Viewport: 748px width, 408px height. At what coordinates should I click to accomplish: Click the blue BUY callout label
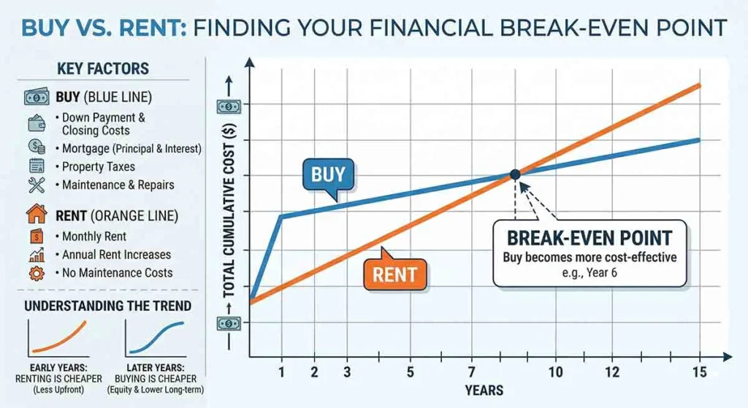pos(328,175)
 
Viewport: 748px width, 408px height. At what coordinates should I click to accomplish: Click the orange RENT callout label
pos(394,274)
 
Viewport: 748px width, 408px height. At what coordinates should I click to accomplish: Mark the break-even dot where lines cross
pos(515,174)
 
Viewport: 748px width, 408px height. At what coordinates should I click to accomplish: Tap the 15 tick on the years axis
pos(700,372)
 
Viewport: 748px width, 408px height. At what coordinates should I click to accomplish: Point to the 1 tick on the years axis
pos(281,372)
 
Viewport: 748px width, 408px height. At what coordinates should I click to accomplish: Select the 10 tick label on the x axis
pos(555,372)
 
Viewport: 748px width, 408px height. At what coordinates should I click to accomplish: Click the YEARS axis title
pos(484,390)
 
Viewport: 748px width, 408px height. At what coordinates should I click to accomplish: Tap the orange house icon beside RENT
pos(37,214)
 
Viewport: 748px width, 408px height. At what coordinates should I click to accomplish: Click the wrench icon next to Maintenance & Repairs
pos(37,185)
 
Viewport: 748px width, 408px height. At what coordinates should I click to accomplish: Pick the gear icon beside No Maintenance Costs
pos(37,273)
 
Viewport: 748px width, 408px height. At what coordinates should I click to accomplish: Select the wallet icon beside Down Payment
pos(37,123)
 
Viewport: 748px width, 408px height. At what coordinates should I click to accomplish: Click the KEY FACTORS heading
pos(103,69)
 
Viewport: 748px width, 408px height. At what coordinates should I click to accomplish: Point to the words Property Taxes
pos(99,167)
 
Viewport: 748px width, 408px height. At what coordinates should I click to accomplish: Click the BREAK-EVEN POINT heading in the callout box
pos(589,238)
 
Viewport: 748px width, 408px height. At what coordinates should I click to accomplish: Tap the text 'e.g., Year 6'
pos(589,273)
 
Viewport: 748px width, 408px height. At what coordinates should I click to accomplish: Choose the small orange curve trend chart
pos(58,339)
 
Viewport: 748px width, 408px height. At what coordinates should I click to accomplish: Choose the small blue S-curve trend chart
pos(156,339)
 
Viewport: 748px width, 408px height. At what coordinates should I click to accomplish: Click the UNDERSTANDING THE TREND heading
pos(108,306)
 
